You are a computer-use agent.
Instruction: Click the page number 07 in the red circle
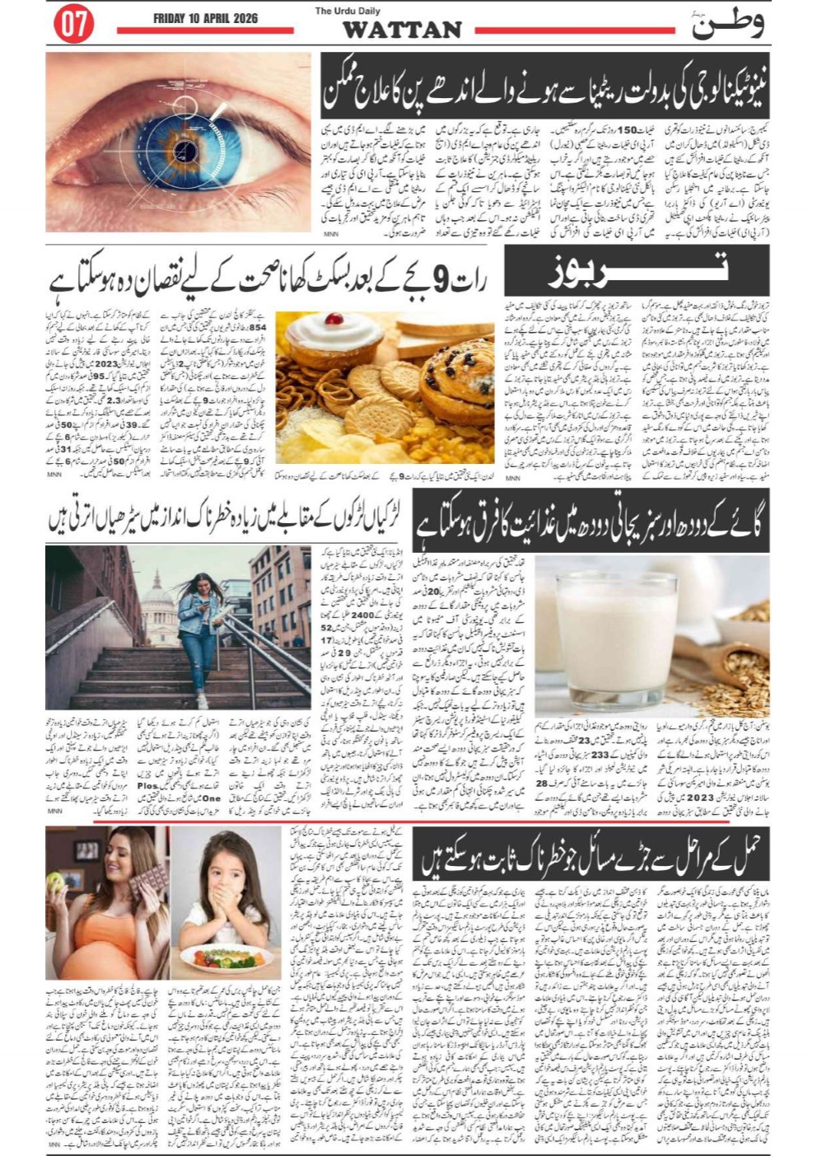[x=73, y=25]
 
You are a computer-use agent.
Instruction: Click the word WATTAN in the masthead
[x=402, y=30]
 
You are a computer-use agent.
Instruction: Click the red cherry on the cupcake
[x=333, y=318]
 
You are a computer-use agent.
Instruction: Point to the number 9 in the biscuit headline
[x=441, y=285]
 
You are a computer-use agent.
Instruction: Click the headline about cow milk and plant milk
[x=591, y=520]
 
